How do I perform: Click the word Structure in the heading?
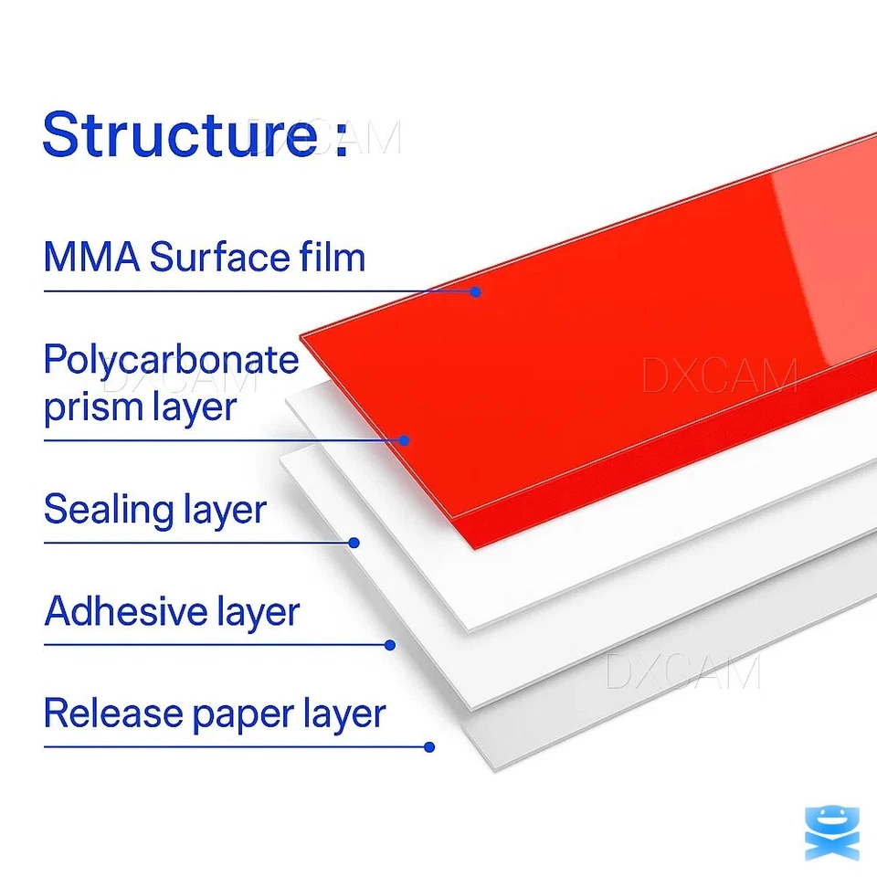(x=180, y=135)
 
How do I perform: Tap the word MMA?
(x=91, y=258)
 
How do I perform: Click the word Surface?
(x=219, y=257)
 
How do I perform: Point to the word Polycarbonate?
(x=171, y=361)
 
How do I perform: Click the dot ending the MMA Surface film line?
(x=475, y=292)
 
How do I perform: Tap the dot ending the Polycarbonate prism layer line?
(x=404, y=440)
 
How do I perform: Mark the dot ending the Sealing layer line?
(x=354, y=543)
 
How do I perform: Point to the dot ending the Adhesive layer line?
(x=390, y=646)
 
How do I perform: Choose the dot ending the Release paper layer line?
(x=429, y=747)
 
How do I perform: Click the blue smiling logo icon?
(x=831, y=833)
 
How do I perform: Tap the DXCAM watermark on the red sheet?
(x=720, y=375)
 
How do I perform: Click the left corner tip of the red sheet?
(x=301, y=336)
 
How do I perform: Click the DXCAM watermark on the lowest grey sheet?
(x=683, y=671)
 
